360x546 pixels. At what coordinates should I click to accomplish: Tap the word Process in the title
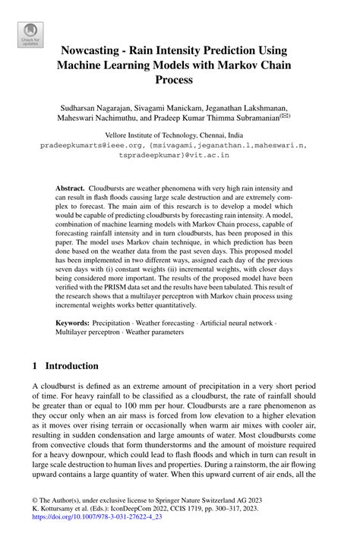point(180,79)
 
